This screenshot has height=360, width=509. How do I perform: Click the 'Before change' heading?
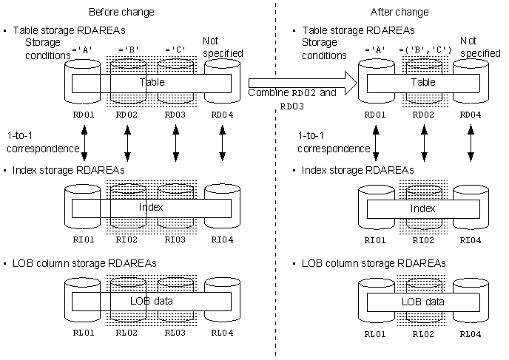tap(121, 12)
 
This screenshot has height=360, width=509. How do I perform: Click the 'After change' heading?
tap(400, 12)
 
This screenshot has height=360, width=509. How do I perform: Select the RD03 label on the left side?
tap(175, 115)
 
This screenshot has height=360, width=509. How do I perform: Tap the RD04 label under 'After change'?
tap(471, 115)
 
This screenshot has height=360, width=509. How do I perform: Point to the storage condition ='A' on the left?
tap(82, 50)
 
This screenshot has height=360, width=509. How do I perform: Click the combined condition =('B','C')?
tap(425, 50)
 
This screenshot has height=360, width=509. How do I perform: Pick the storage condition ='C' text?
tap(175, 50)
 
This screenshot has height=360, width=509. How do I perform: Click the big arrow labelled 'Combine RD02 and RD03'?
tap(303, 83)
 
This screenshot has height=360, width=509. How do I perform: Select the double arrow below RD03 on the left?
tap(175, 143)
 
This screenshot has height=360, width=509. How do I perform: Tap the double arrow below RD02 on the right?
tap(424, 143)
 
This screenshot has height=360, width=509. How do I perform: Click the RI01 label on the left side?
tap(84, 240)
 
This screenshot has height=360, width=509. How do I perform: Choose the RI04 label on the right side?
tap(471, 240)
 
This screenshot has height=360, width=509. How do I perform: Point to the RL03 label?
tap(175, 333)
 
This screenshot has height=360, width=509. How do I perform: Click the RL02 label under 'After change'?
tap(423, 334)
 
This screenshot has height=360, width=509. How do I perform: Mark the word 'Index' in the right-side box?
tap(422, 208)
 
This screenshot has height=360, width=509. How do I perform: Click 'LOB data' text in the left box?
tap(151, 301)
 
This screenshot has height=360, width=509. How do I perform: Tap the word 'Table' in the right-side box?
tap(423, 82)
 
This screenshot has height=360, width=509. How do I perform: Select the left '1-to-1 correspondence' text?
tap(43, 142)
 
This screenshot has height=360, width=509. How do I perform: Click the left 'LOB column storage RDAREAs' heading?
tap(84, 263)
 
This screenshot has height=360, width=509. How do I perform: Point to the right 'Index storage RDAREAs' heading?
tap(358, 170)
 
